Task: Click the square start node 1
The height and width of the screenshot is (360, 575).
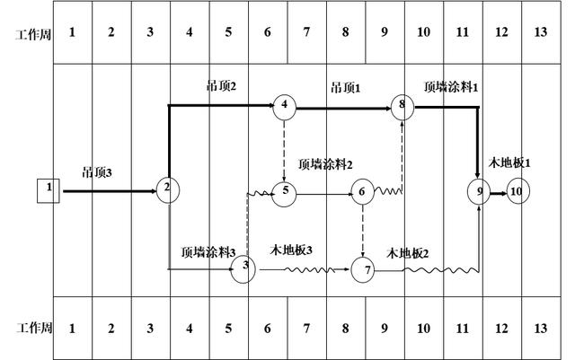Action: click(x=49, y=189)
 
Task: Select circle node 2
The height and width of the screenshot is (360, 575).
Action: click(x=167, y=189)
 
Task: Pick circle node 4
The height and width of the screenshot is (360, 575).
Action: click(x=284, y=107)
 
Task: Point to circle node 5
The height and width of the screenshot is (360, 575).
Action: click(x=284, y=190)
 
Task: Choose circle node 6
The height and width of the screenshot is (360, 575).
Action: click(x=362, y=190)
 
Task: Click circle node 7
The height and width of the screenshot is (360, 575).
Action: click(x=363, y=268)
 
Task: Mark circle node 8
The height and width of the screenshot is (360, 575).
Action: click(x=402, y=107)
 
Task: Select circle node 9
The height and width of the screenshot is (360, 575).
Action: click(x=480, y=191)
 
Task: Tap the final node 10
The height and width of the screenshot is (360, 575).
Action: click(x=517, y=191)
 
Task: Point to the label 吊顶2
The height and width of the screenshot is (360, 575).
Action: click(x=222, y=86)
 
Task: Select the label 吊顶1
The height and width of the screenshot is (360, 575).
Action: click(x=345, y=87)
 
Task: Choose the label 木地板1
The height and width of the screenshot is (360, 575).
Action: click(x=509, y=162)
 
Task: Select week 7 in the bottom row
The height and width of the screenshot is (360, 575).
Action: click(x=306, y=329)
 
